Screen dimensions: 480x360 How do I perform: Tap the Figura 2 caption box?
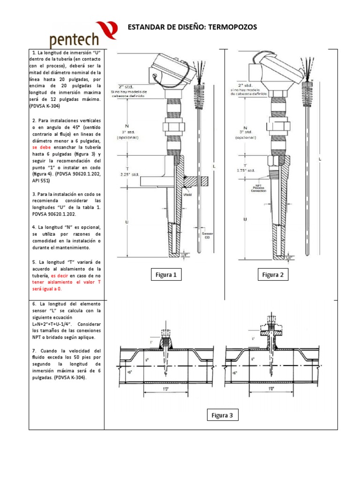coord(273,275)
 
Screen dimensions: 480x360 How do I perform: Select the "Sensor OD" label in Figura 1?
coord(207,235)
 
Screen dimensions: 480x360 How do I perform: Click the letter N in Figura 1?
coord(127,126)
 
